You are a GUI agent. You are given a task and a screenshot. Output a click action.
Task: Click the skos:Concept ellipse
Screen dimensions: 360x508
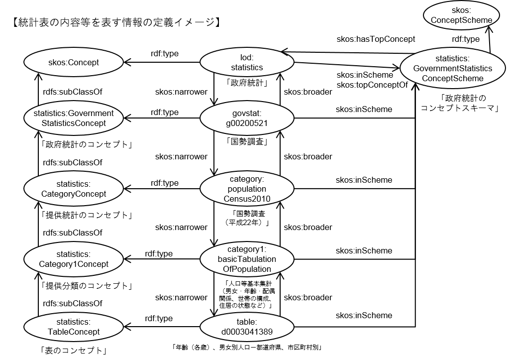[74, 62]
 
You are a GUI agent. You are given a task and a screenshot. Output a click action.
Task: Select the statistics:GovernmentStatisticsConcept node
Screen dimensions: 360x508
[74, 119]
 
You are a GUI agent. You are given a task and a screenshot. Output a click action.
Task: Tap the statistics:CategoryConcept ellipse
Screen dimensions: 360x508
[74, 189]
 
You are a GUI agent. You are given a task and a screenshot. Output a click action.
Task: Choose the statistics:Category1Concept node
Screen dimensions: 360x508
[74, 259]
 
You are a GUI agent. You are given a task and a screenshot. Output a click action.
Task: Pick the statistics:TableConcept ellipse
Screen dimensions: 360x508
[74, 327]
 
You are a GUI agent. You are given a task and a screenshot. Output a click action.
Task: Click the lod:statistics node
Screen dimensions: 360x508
[247, 62]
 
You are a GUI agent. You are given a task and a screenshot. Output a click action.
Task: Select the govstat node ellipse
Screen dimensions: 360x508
[247, 119]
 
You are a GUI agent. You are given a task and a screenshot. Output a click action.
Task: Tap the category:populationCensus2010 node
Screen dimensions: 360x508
[247, 189]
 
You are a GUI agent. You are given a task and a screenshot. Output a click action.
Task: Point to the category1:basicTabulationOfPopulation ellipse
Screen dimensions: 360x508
[247, 259]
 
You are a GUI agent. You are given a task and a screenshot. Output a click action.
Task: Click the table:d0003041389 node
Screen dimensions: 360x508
[247, 327]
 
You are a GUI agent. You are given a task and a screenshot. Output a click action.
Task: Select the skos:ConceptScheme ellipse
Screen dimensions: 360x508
[461, 15]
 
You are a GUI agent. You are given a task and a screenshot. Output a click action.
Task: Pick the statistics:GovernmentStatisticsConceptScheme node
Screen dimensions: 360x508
[452, 68]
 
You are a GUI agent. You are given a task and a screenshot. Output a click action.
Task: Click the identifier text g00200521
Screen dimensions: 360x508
[247, 123]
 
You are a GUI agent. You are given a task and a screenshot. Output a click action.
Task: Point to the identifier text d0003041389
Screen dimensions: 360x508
[247, 332]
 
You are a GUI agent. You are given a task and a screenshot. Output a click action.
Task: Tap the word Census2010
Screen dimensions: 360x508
[247, 199]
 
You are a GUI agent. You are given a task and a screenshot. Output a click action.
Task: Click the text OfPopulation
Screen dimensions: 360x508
[247, 269]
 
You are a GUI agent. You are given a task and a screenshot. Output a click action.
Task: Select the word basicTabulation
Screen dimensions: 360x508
[247, 259]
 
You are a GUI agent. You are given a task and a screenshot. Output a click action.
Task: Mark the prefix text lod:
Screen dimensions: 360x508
[247, 57]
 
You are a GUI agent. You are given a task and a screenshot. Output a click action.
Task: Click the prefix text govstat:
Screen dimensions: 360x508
[247, 114]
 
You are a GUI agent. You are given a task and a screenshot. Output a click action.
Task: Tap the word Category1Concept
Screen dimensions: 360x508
[74, 264]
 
